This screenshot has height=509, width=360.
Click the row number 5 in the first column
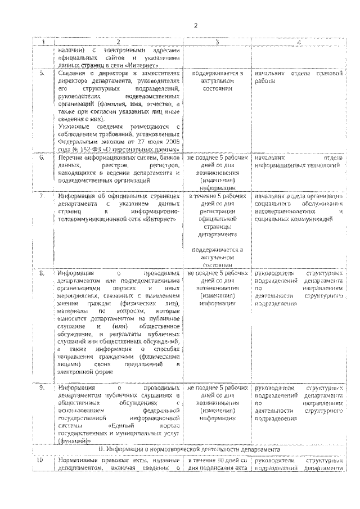tap(42, 74)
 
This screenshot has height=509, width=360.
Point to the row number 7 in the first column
tap(42, 195)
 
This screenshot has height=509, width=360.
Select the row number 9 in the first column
tap(42, 388)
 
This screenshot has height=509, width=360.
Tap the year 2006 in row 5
tap(171, 143)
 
